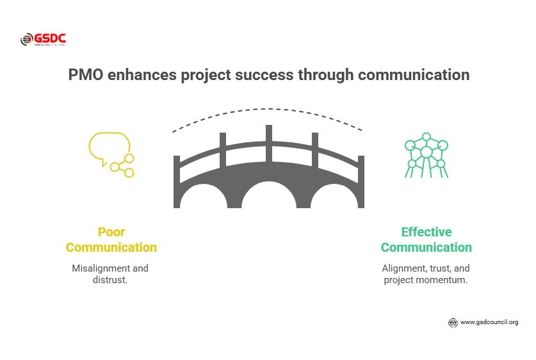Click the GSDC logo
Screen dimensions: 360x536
coord(43,40)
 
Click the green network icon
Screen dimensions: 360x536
coord(426,154)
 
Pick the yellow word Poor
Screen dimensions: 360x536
coord(111,232)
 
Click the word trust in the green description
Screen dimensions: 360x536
coord(440,268)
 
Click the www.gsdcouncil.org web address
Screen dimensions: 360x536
coord(489,322)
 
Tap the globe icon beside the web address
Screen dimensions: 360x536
coord(453,323)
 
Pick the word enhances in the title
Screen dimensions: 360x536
coord(140,75)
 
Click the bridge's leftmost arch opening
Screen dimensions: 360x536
coord(199,199)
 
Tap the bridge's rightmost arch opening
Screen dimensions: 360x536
coord(337,199)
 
